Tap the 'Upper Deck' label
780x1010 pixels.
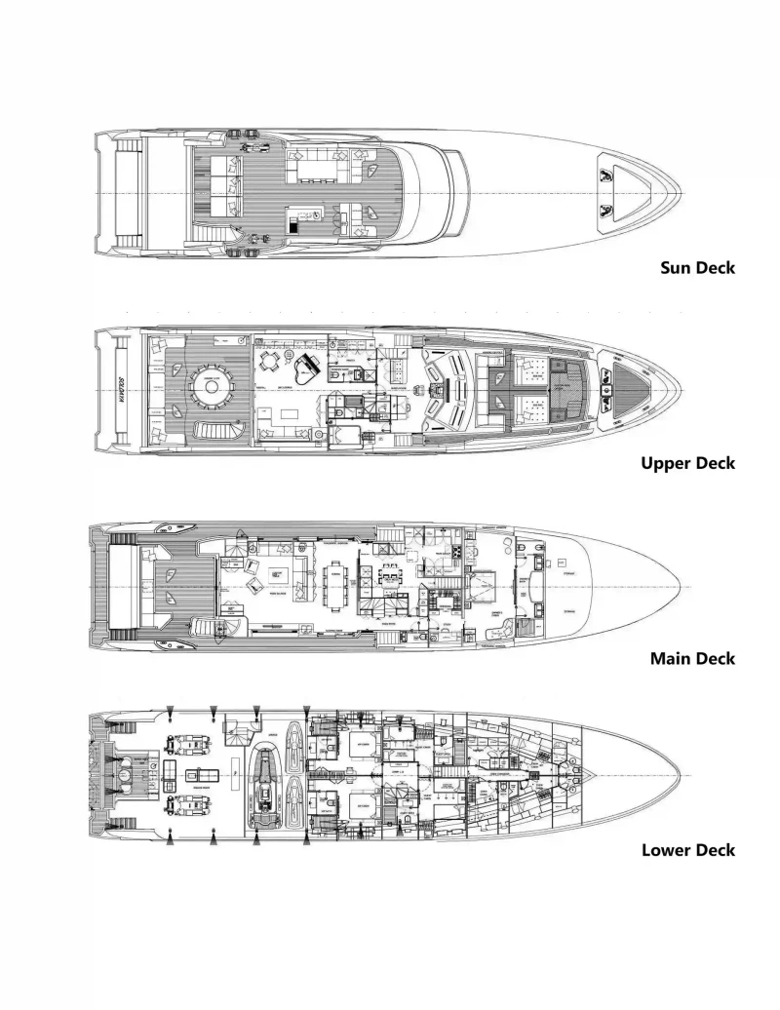(688, 463)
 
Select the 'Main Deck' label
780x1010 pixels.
(692, 658)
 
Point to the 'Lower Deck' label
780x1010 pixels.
(688, 850)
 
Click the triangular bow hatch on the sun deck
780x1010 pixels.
(610, 191)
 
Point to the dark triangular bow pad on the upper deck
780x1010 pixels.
(629, 388)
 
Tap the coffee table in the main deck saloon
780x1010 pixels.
(279, 572)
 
